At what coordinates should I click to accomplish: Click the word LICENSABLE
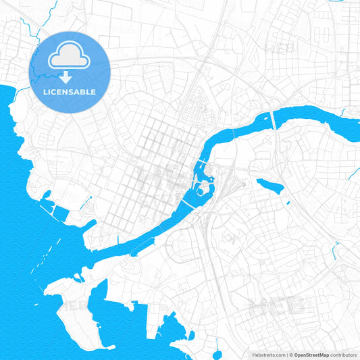coord(69,92)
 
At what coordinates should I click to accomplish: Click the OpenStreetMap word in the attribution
coord(311,355)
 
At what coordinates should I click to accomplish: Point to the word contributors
coord(344,355)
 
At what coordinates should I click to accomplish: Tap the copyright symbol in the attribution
coord(290,355)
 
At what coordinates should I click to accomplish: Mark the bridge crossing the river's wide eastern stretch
coord(274,120)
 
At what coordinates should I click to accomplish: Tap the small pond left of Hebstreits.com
coord(217,354)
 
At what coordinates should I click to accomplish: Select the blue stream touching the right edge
coord(353,172)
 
